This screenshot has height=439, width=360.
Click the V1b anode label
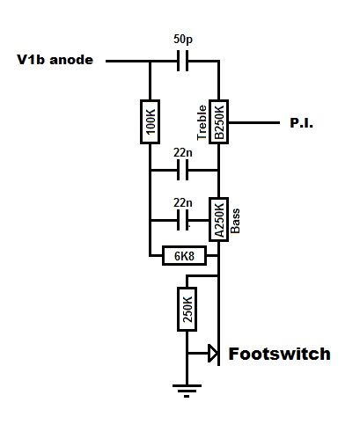pyautogui.click(x=55, y=60)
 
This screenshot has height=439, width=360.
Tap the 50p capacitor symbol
pyautogui.click(x=183, y=61)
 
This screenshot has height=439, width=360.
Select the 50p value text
pyautogui.click(x=183, y=39)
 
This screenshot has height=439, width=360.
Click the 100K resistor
pyautogui.click(x=150, y=121)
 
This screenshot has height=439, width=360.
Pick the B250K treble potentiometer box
pyautogui.click(x=218, y=121)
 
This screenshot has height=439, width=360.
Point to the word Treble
pyautogui.click(x=202, y=122)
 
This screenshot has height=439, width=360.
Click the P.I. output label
pyautogui.click(x=301, y=122)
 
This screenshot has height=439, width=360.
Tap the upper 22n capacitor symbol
pyautogui.click(x=183, y=170)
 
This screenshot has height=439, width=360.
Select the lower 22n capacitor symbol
pyautogui.click(x=183, y=220)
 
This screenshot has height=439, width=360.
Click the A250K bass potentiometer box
pyautogui.click(x=218, y=220)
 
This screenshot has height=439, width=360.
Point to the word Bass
pyautogui.click(x=235, y=221)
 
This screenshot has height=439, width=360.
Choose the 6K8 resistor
pyautogui.click(x=184, y=256)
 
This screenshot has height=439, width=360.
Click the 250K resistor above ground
pyautogui.click(x=187, y=309)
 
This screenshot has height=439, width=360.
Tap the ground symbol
pyautogui.click(x=187, y=391)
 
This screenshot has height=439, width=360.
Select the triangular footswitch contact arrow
pyautogui.click(x=213, y=354)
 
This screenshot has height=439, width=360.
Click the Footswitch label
pyautogui.click(x=280, y=354)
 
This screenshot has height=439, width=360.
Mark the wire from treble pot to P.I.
pyautogui.click(x=254, y=122)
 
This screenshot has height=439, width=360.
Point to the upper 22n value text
pyautogui.click(x=183, y=153)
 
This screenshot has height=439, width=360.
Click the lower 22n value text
pyautogui.click(x=183, y=202)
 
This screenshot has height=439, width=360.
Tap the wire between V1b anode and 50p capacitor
pyautogui.click(x=142, y=61)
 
